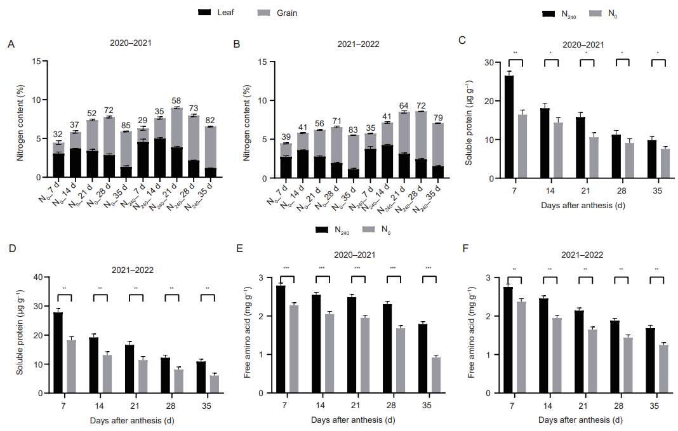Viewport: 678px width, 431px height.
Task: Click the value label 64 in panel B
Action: (404, 106)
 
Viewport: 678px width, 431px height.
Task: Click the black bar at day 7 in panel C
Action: (509, 127)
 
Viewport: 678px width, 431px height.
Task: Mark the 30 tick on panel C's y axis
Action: (487, 62)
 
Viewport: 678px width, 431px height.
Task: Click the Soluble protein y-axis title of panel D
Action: (20, 335)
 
